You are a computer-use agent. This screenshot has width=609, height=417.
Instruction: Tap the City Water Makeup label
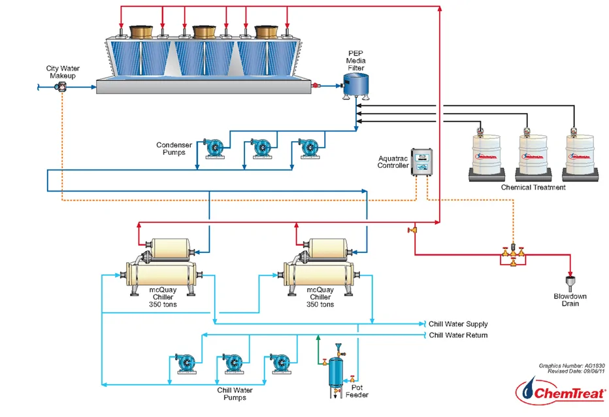61,72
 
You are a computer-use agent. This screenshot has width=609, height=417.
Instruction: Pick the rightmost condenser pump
308,147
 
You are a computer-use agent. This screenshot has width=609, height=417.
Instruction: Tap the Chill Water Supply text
457,324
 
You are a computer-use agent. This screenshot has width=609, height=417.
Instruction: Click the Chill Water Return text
457,335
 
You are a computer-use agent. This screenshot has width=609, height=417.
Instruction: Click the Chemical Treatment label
533,188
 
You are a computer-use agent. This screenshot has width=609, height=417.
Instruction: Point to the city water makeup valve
63,86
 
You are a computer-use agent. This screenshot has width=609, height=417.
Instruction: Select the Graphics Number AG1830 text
568,366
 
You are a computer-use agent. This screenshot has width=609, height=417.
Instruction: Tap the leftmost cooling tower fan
142,31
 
